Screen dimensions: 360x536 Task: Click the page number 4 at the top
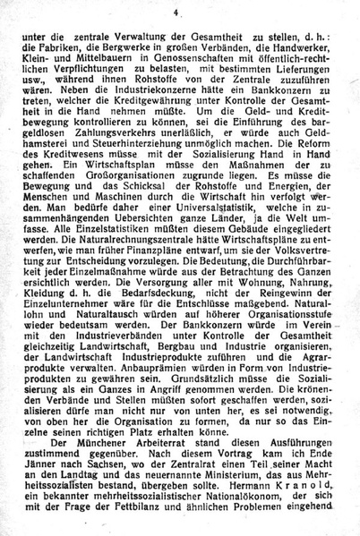178,12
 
